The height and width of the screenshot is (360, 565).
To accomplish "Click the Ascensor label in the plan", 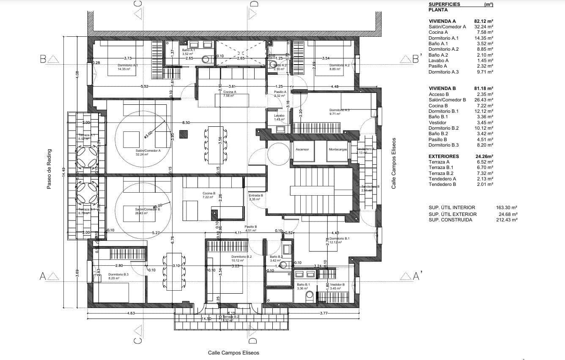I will tap(302, 149).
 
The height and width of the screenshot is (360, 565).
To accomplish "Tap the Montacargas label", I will tap(337, 149).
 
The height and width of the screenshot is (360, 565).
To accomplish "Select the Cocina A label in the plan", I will tap(230, 92).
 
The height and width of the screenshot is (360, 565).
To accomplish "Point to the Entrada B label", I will tap(256, 196).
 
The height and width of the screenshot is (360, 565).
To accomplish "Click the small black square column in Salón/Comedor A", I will tap(183, 134).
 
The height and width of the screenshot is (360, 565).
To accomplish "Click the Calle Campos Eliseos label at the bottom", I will tap(233, 352).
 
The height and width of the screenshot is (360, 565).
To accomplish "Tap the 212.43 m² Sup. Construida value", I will tap(507, 220).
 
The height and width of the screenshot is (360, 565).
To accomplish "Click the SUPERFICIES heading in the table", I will tap(444, 4).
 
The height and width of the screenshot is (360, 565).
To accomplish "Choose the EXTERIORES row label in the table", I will tap(444, 156).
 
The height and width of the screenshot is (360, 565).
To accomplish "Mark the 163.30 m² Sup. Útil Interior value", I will tap(507, 207).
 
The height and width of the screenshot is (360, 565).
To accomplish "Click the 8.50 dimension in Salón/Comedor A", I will tap(186, 123).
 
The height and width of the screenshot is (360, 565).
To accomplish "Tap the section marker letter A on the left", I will tap(42, 276).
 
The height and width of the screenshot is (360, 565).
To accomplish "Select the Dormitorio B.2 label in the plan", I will tap(241, 256).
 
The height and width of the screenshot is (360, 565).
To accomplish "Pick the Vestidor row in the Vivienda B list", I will tap(437, 123).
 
